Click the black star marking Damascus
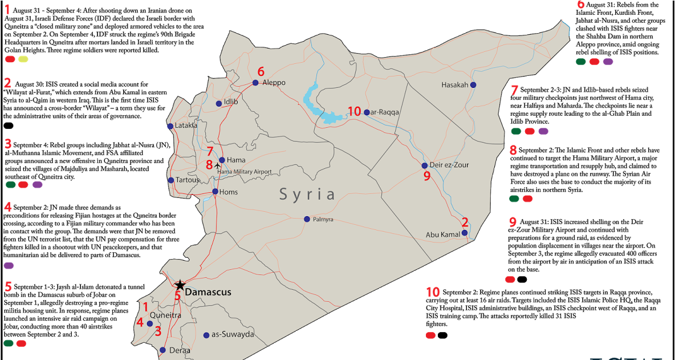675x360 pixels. point(180,285)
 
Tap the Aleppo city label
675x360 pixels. point(274,83)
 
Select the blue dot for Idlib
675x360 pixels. point(219,104)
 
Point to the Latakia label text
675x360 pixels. point(186,126)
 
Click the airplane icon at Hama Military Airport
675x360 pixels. point(217,166)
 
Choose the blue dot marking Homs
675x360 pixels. point(215,192)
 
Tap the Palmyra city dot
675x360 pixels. point(307,219)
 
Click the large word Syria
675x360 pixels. point(307,195)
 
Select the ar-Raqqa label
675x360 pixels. point(385,112)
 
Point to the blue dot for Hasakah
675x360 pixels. point(473,85)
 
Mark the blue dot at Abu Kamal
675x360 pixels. point(465,233)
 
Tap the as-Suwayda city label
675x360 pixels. point(233,334)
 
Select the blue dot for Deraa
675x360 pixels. point(162,350)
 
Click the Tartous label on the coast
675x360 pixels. point(188,180)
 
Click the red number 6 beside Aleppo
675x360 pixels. point(261,72)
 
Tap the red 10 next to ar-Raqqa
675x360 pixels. point(355,112)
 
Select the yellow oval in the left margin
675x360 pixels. point(23,59)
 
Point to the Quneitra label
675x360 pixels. point(165,315)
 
